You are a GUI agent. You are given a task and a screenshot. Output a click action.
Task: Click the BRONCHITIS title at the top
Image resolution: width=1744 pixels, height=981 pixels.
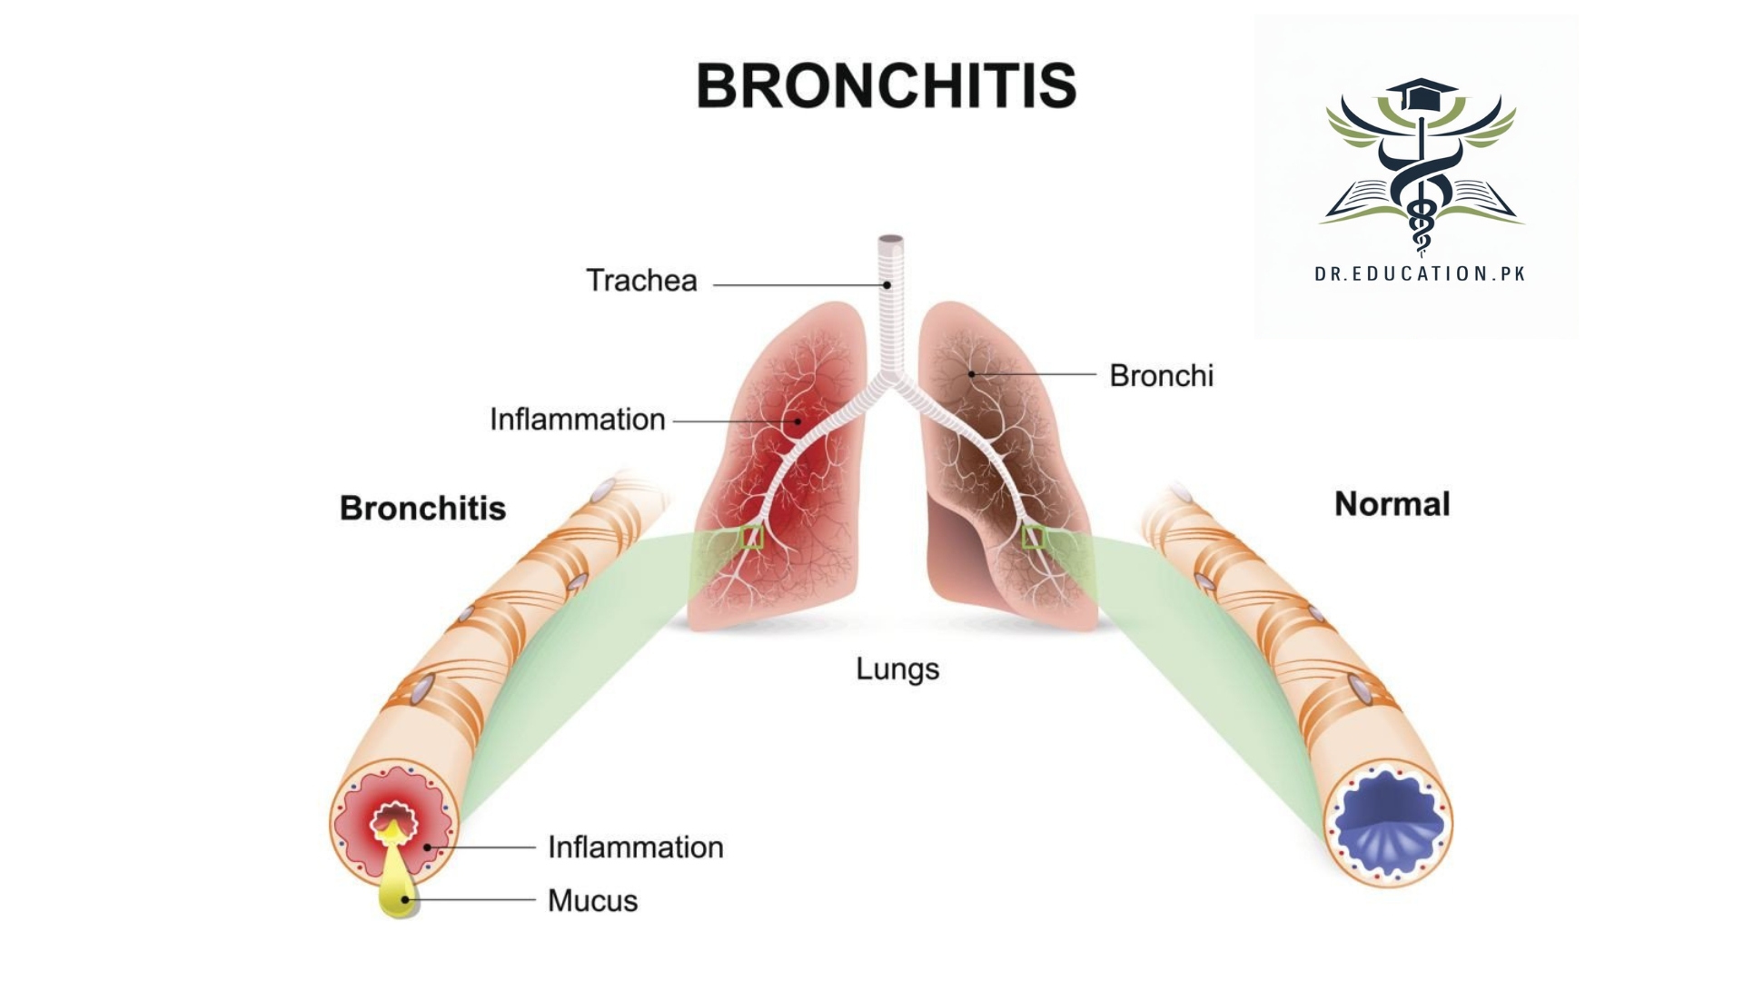tap(886, 85)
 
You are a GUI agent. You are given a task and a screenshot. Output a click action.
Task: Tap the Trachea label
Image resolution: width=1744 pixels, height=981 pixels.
tap(641, 281)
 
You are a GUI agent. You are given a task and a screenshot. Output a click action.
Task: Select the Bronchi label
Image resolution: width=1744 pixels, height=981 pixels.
tap(1161, 375)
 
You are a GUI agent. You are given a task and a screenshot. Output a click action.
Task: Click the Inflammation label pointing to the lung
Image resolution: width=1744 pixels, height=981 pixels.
tap(577, 420)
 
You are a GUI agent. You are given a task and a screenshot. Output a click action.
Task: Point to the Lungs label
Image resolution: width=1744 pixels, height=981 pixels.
tap(897, 669)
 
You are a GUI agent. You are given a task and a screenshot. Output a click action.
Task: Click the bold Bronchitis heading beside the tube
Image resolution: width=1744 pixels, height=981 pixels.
tap(422, 508)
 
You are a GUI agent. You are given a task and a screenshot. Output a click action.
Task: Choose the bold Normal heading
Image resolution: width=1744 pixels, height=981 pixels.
tap(1392, 504)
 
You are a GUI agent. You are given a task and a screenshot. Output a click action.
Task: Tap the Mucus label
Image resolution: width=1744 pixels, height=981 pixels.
tap(592, 901)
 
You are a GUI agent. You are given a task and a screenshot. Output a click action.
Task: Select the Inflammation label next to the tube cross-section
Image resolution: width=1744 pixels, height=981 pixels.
tap(635, 847)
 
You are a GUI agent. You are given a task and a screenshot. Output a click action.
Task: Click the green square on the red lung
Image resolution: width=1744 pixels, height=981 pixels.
tap(752, 538)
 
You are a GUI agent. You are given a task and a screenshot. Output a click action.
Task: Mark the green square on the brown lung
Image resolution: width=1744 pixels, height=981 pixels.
tap(1033, 537)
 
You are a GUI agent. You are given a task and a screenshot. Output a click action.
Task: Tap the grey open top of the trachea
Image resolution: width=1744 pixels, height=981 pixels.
tap(890, 240)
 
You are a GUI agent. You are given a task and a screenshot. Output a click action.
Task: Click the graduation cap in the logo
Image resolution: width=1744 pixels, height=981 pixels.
tap(1420, 92)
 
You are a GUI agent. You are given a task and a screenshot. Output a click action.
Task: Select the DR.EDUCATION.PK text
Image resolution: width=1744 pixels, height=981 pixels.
tap(1420, 273)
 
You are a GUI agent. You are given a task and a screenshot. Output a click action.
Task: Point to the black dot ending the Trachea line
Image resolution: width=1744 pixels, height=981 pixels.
tap(887, 285)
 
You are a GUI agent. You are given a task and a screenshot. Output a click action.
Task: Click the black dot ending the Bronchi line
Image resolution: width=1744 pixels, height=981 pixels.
tap(971, 373)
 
